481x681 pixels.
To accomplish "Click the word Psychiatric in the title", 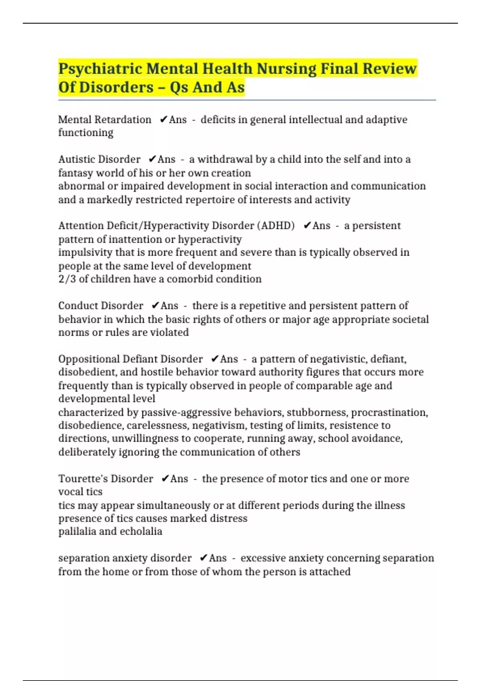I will pos(100,69).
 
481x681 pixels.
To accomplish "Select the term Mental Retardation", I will pos(105,120).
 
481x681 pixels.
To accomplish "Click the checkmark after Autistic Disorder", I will pos(152,159).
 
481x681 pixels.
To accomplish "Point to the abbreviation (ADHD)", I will pos(277,226).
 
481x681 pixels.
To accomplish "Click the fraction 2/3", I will pos(67,279).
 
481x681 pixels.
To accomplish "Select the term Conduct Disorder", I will pos(101,306).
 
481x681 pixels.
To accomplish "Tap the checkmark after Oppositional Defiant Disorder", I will pos(214,359).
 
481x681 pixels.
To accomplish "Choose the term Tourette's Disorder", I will pos(105,479).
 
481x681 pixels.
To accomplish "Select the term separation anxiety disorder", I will pos(125,558).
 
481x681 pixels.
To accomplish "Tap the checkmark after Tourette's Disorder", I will pos(165,479).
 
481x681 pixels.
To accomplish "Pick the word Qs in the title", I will pos(179,87).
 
